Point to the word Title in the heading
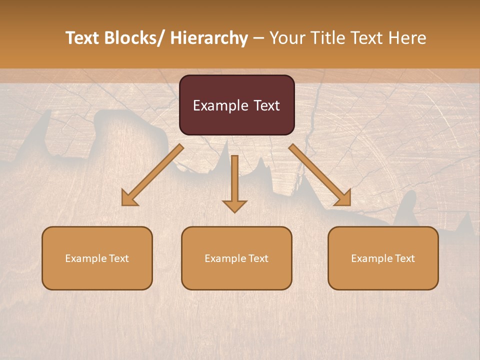click(330, 38)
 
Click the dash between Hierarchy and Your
click(258, 38)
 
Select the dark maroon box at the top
click(236, 105)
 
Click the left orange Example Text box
click(97, 258)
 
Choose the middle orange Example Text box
click(236, 258)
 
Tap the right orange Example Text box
click(383, 258)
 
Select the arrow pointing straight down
click(234, 182)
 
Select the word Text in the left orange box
click(118, 258)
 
